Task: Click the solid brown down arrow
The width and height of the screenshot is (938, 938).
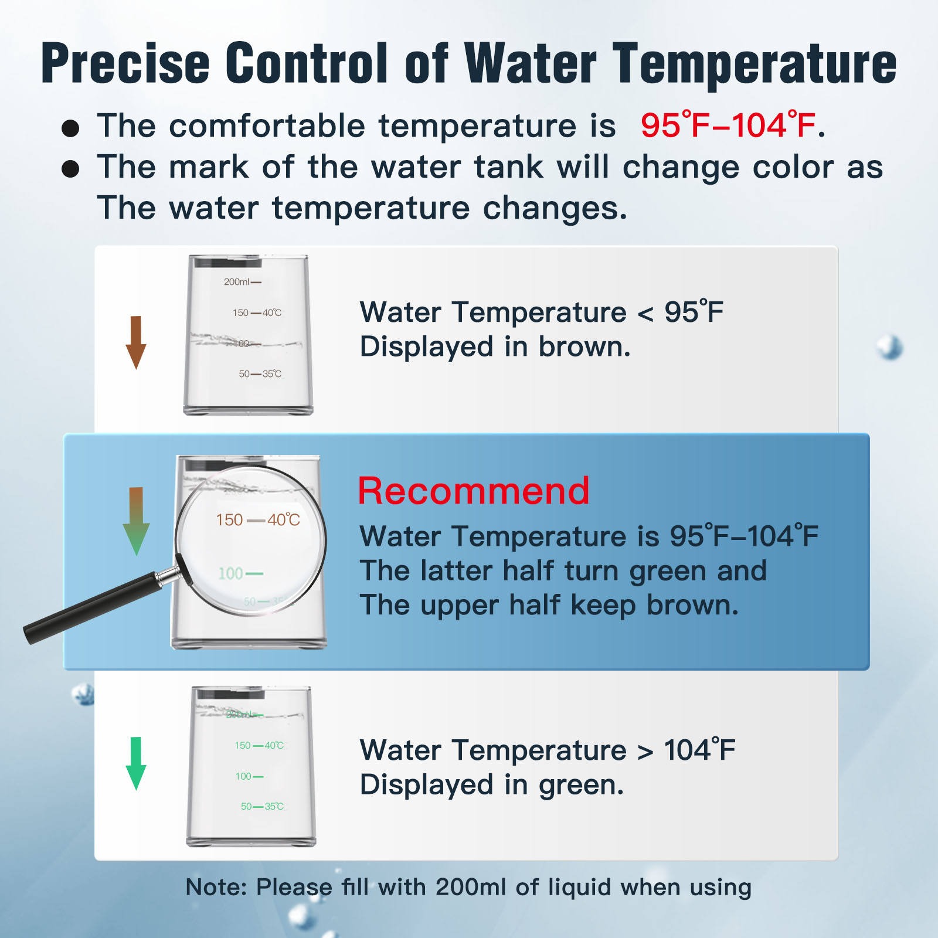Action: tap(136, 342)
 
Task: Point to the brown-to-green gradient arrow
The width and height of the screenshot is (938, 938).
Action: tap(136, 521)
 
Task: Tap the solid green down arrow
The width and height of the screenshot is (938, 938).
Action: tap(136, 763)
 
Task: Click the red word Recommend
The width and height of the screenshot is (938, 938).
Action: tap(474, 491)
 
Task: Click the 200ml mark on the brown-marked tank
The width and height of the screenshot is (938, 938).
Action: tap(242, 282)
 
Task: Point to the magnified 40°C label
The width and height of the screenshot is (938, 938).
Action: tap(284, 520)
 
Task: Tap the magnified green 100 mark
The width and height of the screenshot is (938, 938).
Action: tap(240, 573)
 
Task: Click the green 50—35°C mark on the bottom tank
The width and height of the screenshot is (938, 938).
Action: tap(262, 807)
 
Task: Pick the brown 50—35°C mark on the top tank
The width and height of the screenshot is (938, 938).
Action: tap(260, 374)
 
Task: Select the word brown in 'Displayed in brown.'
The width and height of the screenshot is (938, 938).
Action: tap(584, 346)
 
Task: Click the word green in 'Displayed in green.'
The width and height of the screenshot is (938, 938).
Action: tap(582, 786)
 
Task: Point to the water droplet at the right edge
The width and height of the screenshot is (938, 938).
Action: tap(890, 348)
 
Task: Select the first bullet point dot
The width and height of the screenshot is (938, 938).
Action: tap(70, 128)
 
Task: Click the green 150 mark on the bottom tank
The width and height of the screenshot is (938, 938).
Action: tap(243, 746)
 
